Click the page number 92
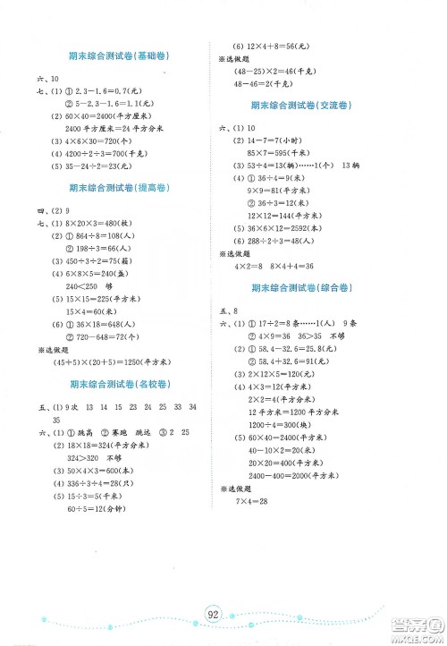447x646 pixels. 212,614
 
